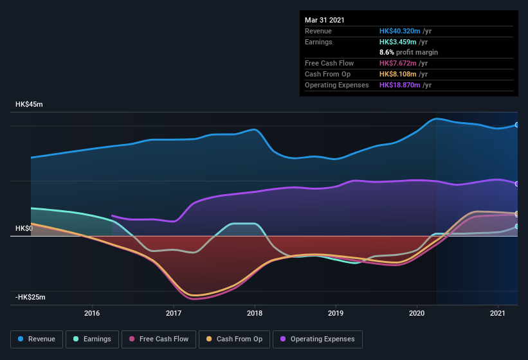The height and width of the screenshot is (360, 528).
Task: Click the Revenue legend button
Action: [x=37, y=339]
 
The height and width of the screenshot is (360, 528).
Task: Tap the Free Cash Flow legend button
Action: [x=159, y=339]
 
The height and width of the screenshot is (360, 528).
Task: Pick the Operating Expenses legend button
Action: [x=317, y=339]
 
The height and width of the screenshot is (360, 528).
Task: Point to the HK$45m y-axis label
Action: [x=30, y=105]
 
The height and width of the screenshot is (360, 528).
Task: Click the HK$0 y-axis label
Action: [x=24, y=229]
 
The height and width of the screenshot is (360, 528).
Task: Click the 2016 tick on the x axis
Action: [x=92, y=313]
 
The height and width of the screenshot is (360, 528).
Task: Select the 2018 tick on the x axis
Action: [x=255, y=313]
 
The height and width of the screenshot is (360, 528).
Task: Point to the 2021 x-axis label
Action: [x=498, y=313]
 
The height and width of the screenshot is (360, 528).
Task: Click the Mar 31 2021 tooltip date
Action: [x=325, y=20]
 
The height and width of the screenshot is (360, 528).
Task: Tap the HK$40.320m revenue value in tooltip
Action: [x=400, y=31]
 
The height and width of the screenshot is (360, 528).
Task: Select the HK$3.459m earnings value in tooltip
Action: [x=398, y=42]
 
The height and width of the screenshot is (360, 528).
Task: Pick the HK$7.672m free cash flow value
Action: [x=398, y=64]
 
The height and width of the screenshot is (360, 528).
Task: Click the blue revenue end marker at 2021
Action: [x=517, y=125]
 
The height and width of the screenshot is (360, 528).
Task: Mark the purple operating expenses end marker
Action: [x=517, y=184]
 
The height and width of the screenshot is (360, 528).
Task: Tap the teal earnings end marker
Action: [x=517, y=226]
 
